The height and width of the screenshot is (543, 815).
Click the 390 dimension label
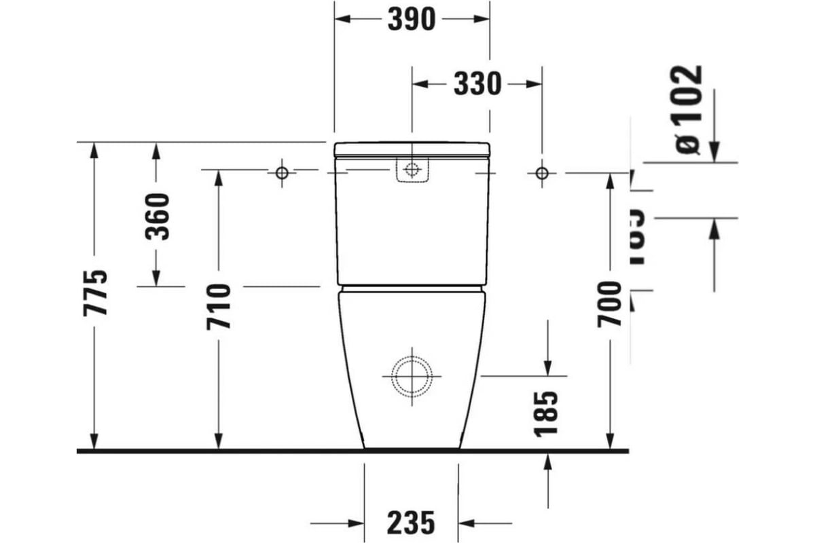point(412,19)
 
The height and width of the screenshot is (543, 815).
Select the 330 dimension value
point(477,84)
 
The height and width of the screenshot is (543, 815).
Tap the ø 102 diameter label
point(687,109)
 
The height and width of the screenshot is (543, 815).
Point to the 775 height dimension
point(95,293)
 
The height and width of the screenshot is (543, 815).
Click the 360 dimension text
point(158,217)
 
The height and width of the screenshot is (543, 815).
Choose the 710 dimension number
point(219,307)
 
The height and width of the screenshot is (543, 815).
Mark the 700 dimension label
point(609,303)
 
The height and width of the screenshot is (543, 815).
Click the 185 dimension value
point(547,413)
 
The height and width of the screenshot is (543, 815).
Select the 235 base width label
point(411,523)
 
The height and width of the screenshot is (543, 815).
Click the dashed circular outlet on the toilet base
point(412,375)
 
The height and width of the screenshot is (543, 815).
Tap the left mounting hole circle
point(282,172)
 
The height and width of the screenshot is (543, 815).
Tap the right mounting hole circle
point(541,172)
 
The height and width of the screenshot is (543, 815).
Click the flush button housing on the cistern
point(412,170)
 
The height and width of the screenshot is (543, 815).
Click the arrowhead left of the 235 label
point(356,523)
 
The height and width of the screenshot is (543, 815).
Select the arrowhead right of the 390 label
point(482,19)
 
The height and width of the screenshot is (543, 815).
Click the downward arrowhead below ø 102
point(714,153)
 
